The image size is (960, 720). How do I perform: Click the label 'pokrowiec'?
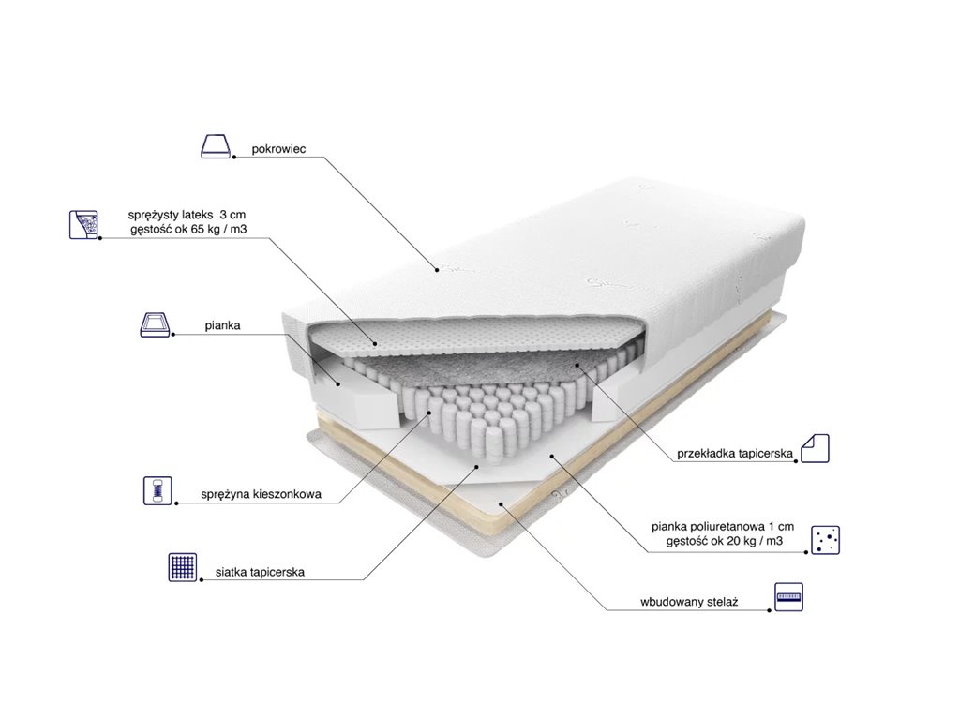tap(278, 149)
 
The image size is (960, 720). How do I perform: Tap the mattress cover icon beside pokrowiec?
tap(217, 146)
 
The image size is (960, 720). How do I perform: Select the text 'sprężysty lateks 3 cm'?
tap(187, 215)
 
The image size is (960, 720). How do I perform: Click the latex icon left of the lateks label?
tap(83, 224)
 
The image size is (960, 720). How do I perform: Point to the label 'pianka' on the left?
tap(222, 325)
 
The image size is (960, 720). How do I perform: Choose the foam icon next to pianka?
tap(155, 324)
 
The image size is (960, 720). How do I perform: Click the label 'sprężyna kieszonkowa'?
tap(261, 494)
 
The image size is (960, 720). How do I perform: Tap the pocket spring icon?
tap(157, 490)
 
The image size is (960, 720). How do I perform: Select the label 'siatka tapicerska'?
tap(260, 573)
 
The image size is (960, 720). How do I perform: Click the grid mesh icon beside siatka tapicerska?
tap(183, 567)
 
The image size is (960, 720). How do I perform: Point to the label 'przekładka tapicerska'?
tap(735, 454)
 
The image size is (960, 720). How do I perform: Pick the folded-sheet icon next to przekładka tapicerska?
tap(815, 448)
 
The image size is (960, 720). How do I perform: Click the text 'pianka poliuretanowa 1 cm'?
tap(723, 527)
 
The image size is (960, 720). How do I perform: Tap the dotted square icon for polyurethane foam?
tap(825, 540)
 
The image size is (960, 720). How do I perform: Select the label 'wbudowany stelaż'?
tap(689, 602)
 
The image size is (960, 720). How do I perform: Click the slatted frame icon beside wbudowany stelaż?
tap(788, 597)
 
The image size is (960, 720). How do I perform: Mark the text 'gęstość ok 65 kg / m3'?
tap(188, 230)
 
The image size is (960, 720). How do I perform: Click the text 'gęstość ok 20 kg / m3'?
tap(725, 541)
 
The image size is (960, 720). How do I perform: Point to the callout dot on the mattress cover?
tap(437, 268)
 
